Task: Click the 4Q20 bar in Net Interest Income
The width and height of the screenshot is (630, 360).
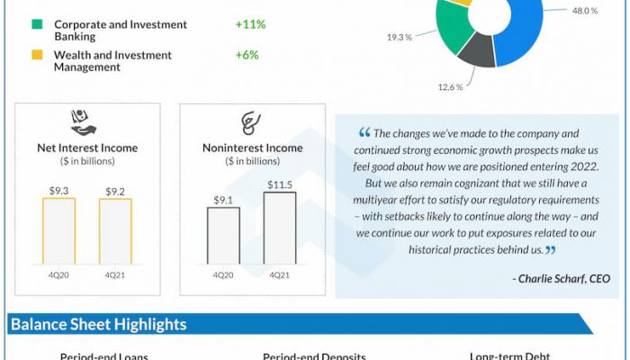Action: click(x=58, y=230)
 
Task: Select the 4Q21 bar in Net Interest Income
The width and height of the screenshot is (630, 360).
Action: click(x=115, y=230)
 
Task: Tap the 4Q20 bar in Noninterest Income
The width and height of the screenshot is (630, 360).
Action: click(x=223, y=235)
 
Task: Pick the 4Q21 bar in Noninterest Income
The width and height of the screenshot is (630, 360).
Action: click(x=280, y=227)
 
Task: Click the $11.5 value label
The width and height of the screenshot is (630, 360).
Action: click(x=280, y=184)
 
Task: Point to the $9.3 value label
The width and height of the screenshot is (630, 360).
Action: click(x=58, y=191)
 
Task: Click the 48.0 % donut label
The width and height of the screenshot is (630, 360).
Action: click(x=585, y=11)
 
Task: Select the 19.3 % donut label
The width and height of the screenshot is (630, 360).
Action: click(x=400, y=38)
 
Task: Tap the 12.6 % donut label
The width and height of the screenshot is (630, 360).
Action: click(x=450, y=87)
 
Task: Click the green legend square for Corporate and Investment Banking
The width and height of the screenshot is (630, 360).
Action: click(x=37, y=24)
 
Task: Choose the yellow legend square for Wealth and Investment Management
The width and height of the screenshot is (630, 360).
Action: click(x=37, y=55)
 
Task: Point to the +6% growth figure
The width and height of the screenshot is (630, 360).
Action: click(x=247, y=55)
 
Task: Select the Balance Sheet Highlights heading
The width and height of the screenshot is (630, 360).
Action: click(x=99, y=324)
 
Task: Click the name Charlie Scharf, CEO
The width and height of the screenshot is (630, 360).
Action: click(x=565, y=279)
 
